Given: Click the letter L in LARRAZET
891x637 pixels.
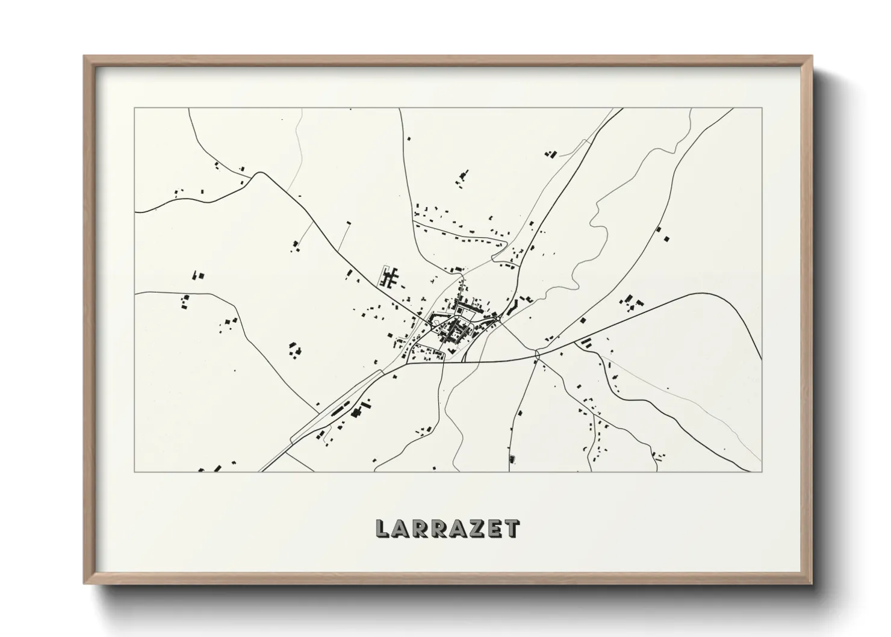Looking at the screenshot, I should (x=382, y=529).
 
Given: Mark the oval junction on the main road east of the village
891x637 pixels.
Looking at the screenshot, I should (x=538, y=356).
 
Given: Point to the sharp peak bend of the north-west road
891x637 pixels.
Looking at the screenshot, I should (x=260, y=173).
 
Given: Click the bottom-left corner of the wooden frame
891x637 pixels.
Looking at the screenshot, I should (x=85, y=583).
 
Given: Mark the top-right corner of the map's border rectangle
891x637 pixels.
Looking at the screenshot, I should (x=762, y=108).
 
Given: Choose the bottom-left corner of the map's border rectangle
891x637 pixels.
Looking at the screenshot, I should (x=135, y=471).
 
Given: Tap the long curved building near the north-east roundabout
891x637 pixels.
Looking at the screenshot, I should (x=514, y=307).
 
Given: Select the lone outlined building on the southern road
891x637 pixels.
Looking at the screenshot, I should (x=512, y=459).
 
